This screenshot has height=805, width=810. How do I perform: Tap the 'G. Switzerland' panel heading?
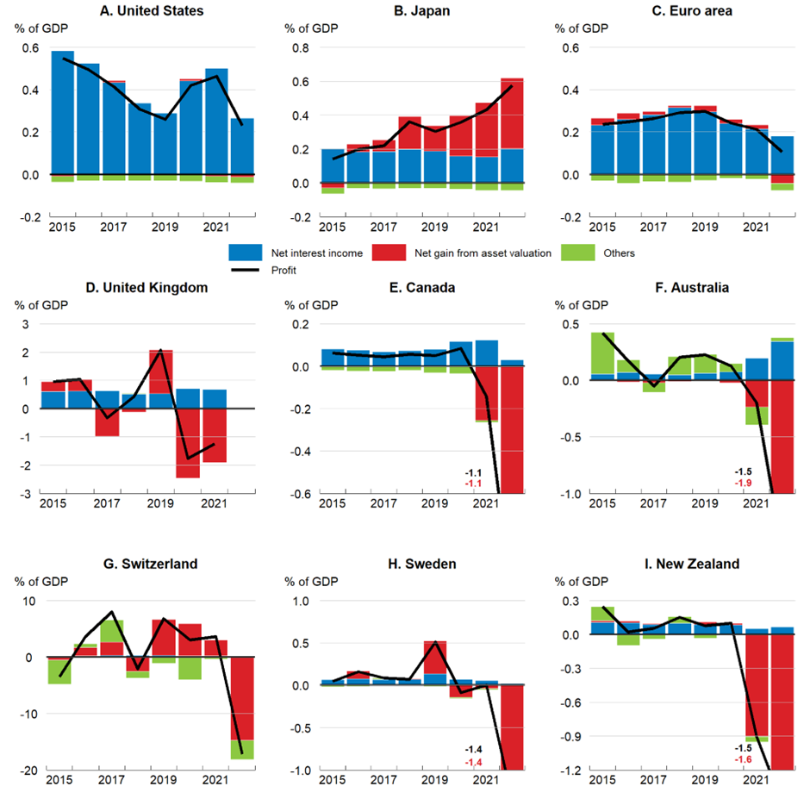(x=150, y=564)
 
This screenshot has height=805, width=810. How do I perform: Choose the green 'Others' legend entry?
(x=617, y=253)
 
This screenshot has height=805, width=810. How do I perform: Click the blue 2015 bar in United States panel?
(x=63, y=112)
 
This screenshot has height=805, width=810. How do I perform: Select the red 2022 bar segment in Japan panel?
(x=511, y=113)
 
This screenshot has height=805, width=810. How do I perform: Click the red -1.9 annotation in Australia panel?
(x=744, y=484)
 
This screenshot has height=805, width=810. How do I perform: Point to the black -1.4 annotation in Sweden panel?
(x=473, y=750)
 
